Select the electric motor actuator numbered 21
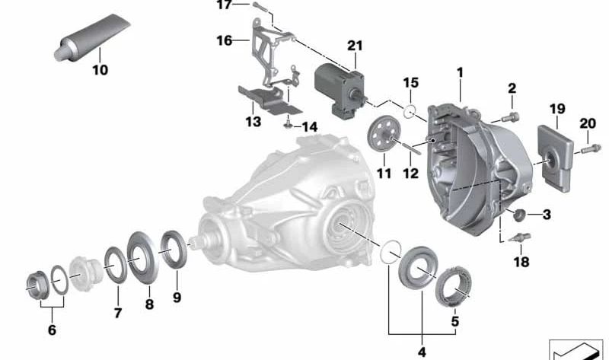[x=340, y=88]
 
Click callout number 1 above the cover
[x=460, y=72]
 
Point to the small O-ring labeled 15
[x=410, y=113]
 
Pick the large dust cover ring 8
[x=141, y=252]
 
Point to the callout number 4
[x=421, y=352]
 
